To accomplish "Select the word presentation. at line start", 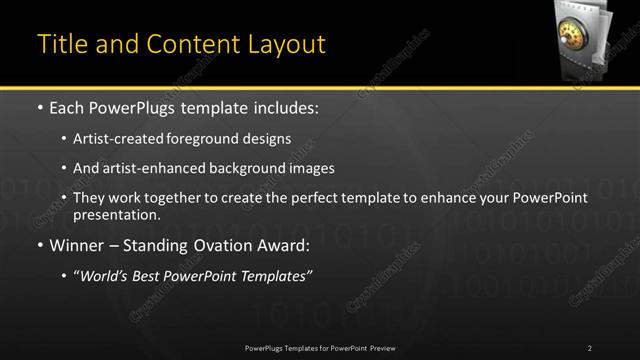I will (x=116, y=214).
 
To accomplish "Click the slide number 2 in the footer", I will (x=589, y=347).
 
